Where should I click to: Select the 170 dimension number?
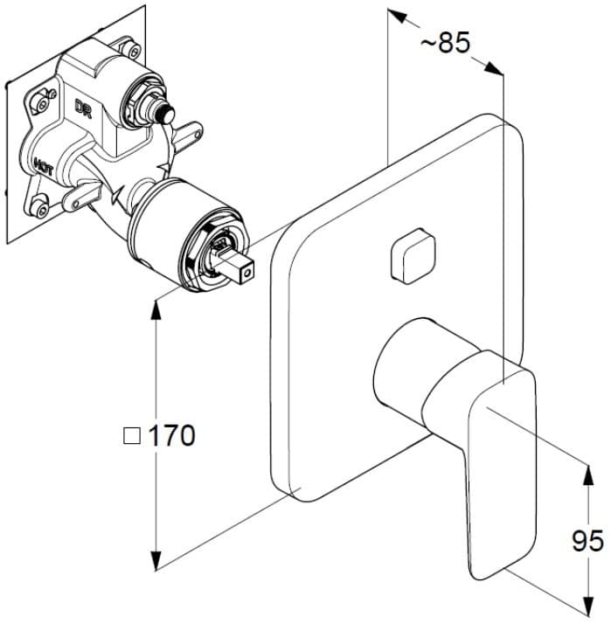point(171,435)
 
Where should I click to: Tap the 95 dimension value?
point(588,542)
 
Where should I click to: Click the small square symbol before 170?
point(132,435)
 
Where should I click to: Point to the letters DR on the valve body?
point(84,107)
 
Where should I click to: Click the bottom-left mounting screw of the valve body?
point(38,207)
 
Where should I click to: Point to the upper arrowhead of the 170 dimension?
point(156,307)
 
